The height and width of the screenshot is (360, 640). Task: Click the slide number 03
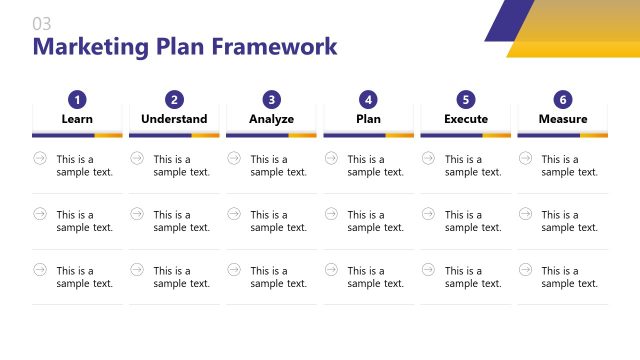pyautogui.click(x=42, y=23)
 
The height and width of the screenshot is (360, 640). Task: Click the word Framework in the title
pyautogui.click(x=275, y=47)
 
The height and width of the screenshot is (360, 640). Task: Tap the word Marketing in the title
pyautogui.click(x=90, y=47)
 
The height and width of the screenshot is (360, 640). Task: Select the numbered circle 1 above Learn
pyautogui.click(x=77, y=99)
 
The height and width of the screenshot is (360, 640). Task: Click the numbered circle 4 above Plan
pyautogui.click(x=369, y=99)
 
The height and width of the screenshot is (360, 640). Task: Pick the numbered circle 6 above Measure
pyautogui.click(x=563, y=99)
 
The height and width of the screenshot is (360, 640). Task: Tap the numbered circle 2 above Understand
pyautogui.click(x=174, y=99)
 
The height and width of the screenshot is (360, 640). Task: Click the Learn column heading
pyautogui.click(x=77, y=119)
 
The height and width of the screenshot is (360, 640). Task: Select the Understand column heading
pyautogui.click(x=174, y=119)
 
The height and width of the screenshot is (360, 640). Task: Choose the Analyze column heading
pyautogui.click(x=272, y=119)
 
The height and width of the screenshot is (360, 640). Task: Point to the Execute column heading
pyautogui.click(x=466, y=119)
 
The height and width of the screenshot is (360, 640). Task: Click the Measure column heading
pyautogui.click(x=563, y=119)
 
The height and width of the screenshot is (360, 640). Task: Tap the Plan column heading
pyautogui.click(x=369, y=119)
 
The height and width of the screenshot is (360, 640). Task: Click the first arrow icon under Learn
pyautogui.click(x=40, y=158)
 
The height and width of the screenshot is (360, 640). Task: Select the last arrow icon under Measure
pyautogui.click(x=525, y=269)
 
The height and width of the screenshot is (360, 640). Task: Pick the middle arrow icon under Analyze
pyautogui.click(x=234, y=213)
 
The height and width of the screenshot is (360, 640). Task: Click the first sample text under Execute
pyautogui.click(x=473, y=165)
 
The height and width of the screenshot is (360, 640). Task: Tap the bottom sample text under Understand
pyautogui.click(x=181, y=277)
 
